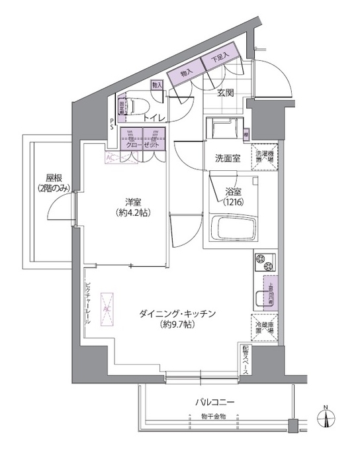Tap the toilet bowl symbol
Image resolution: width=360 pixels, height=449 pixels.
(137, 105)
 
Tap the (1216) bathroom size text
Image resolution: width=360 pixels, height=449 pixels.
(234, 202)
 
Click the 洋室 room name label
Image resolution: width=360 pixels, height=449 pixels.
(131, 201)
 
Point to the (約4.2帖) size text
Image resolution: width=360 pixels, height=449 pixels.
(131, 213)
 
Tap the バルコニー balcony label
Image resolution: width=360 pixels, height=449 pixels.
(214, 401)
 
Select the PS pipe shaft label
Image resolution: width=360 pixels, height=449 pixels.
(111, 125)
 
